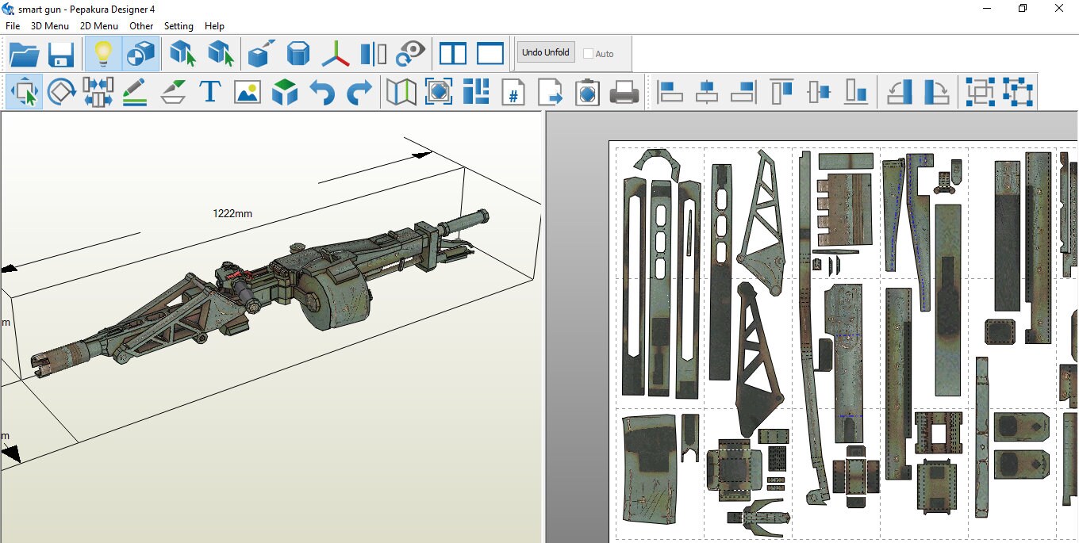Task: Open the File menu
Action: [13, 26]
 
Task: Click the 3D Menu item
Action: [50, 26]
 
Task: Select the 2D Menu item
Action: [98, 26]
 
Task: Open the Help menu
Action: [214, 26]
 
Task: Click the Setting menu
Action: [179, 26]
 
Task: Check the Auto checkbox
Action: [588, 54]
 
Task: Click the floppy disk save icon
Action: [61, 54]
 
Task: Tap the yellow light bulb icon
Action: [103, 53]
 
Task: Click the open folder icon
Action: [24, 54]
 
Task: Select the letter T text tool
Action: [210, 91]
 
